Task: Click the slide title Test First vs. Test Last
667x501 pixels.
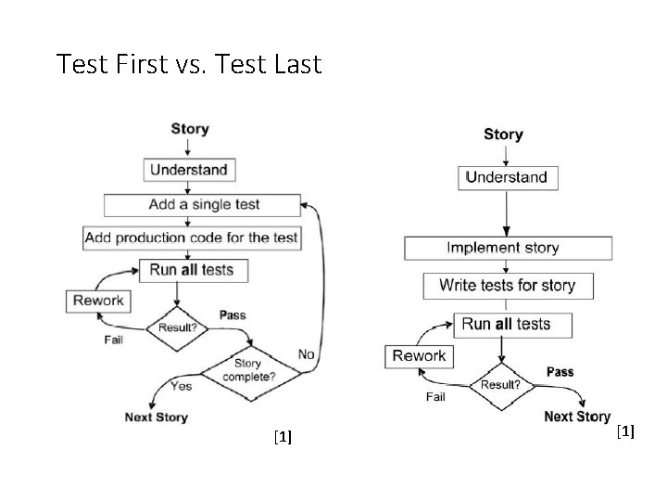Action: (x=188, y=64)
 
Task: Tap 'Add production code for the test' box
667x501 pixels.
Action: (x=191, y=238)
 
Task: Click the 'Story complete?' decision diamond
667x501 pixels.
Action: (x=250, y=371)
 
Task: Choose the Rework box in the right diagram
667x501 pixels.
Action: (x=419, y=355)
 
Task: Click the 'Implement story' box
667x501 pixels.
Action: (x=507, y=248)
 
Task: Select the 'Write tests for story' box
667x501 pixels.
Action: (x=507, y=286)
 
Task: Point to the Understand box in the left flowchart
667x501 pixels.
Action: (x=188, y=170)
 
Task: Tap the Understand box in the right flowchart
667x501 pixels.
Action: (x=506, y=177)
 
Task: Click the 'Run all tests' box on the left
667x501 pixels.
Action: (x=192, y=270)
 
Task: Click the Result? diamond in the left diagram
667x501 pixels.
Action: (x=177, y=328)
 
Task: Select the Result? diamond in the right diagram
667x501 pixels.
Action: (x=500, y=384)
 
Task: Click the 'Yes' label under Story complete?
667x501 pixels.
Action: (x=181, y=385)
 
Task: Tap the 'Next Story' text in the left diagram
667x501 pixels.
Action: (x=157, y=417)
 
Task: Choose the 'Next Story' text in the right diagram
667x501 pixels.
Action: (x=577, y=417)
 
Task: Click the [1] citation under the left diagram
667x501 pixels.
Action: (x=283, y=437)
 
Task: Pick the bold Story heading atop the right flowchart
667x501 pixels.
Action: (x=503, y=135)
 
